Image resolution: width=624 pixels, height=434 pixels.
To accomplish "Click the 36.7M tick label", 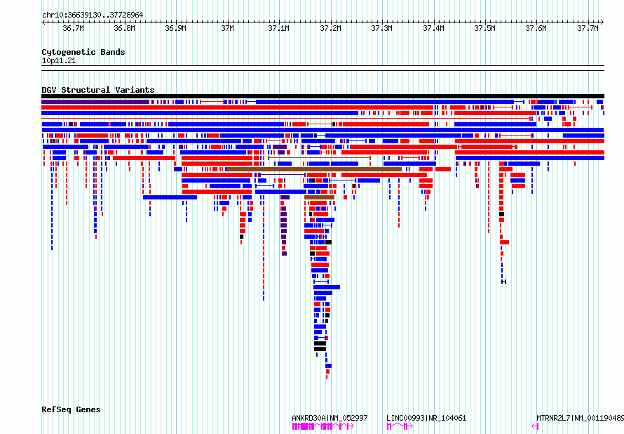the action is point(73,28).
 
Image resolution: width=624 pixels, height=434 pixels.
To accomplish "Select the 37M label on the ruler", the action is point(227,28).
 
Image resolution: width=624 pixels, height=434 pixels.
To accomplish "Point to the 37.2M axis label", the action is point(330,28).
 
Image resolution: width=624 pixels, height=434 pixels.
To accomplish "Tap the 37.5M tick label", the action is point(484,28).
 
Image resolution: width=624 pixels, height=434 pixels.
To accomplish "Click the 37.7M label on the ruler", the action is point(588,28).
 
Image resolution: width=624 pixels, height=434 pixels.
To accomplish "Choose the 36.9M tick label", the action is point(175,28).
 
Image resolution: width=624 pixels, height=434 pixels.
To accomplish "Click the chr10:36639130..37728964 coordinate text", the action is point(93,15).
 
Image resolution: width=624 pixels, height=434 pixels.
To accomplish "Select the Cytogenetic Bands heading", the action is point(83,52).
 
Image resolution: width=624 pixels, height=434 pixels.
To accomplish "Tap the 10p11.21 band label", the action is point(58,61).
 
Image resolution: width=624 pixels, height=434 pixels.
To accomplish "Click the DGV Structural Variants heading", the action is point(98,90).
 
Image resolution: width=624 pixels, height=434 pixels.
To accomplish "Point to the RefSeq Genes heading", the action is point(71,409).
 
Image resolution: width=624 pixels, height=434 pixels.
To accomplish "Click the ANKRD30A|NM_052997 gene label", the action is point(330,418).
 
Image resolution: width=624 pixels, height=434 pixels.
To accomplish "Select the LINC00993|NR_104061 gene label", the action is point(426,418).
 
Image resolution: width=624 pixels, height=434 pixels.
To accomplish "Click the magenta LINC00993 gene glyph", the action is point(400,426).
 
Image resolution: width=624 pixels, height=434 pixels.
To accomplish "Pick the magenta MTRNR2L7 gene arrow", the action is point(535,426).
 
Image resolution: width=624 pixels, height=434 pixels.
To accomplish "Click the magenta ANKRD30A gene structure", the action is point(323,426).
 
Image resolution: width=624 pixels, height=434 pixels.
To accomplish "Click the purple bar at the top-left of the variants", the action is point(95,102).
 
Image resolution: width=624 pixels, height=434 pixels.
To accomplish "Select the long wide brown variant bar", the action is point(314,169).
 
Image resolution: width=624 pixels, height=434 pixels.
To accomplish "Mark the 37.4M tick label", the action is point(433,28).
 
